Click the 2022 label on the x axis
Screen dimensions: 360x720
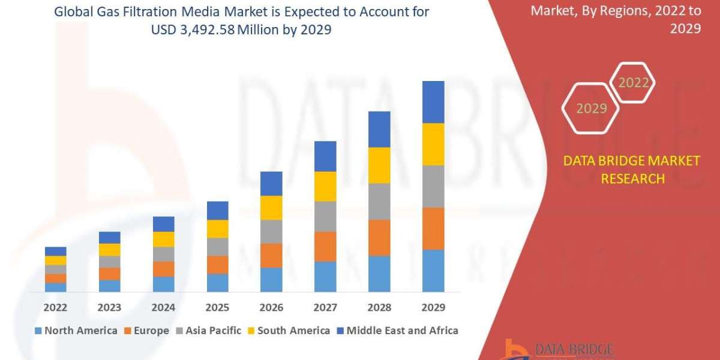click(x=55, y=307)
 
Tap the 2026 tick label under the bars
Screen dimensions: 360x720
click(x=271, y=307)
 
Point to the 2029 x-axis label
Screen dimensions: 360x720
click(x=433, y=307)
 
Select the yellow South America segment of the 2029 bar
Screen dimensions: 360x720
click(x=433, y=144)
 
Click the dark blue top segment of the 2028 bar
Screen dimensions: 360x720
click(x=379, y=129)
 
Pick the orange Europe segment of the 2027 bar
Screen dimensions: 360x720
click(x=325, y=246)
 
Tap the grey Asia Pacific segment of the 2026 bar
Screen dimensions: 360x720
click(x=271, y=231)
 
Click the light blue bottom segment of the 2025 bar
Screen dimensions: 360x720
click(x=217, y=283)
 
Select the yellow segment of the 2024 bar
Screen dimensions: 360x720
click(x=163, y=239)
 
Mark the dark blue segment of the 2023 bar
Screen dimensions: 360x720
click(x=109, y=238)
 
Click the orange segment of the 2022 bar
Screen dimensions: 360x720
click(x=55, y=278)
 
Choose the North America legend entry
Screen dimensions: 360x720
click(x=76, y=331)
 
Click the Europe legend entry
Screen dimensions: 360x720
click(x=147, y=331)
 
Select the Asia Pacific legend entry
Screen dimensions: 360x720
click(x=209, y=331)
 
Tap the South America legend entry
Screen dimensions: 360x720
click(x=289, y=331)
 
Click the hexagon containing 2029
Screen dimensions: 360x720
click(x=591, y=108)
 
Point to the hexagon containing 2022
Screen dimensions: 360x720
click(x=633, y=82)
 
